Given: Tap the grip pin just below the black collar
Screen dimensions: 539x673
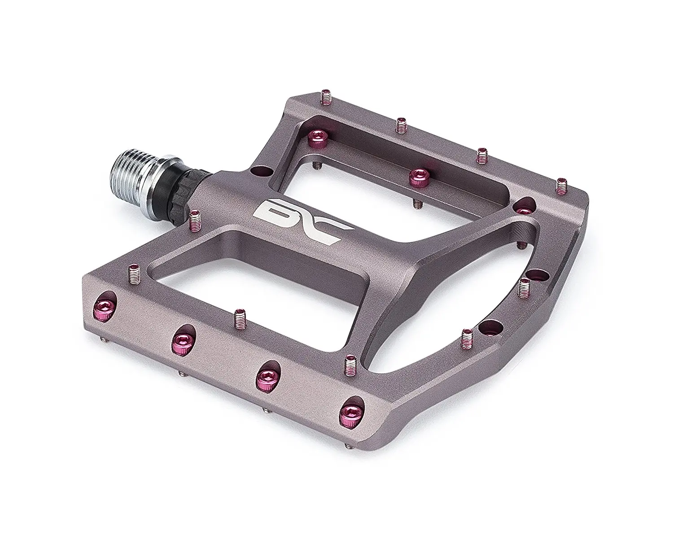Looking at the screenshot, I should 194,220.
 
